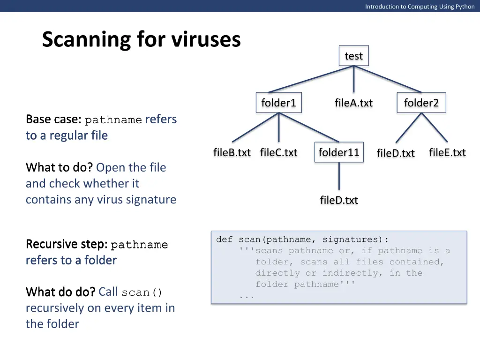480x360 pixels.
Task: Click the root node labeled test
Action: pos(353,56)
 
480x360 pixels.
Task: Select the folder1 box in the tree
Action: pos(278,103)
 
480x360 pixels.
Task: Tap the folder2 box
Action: pos(421,103)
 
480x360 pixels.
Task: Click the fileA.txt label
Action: pos(353,103)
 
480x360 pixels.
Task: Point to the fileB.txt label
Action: pos(232,152)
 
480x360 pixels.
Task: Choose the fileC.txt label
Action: pos(278,152)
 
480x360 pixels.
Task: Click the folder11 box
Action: pos(338,152)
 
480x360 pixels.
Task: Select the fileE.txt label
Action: pos(447,152)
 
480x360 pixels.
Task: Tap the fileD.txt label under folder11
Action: pos(338,200)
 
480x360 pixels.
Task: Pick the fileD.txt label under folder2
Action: pos(396,153)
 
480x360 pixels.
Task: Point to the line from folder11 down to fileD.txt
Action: pos(338,176)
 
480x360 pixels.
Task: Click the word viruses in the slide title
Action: pos(206,40)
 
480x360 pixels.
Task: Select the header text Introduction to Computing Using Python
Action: pos(420,7)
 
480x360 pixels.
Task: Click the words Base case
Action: pos(52,120)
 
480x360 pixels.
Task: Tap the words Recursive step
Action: pos(66,244)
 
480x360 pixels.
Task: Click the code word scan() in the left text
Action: pos(142,292)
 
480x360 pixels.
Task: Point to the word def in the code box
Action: pos(224,240)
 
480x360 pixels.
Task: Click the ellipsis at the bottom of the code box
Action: pos(247,296)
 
